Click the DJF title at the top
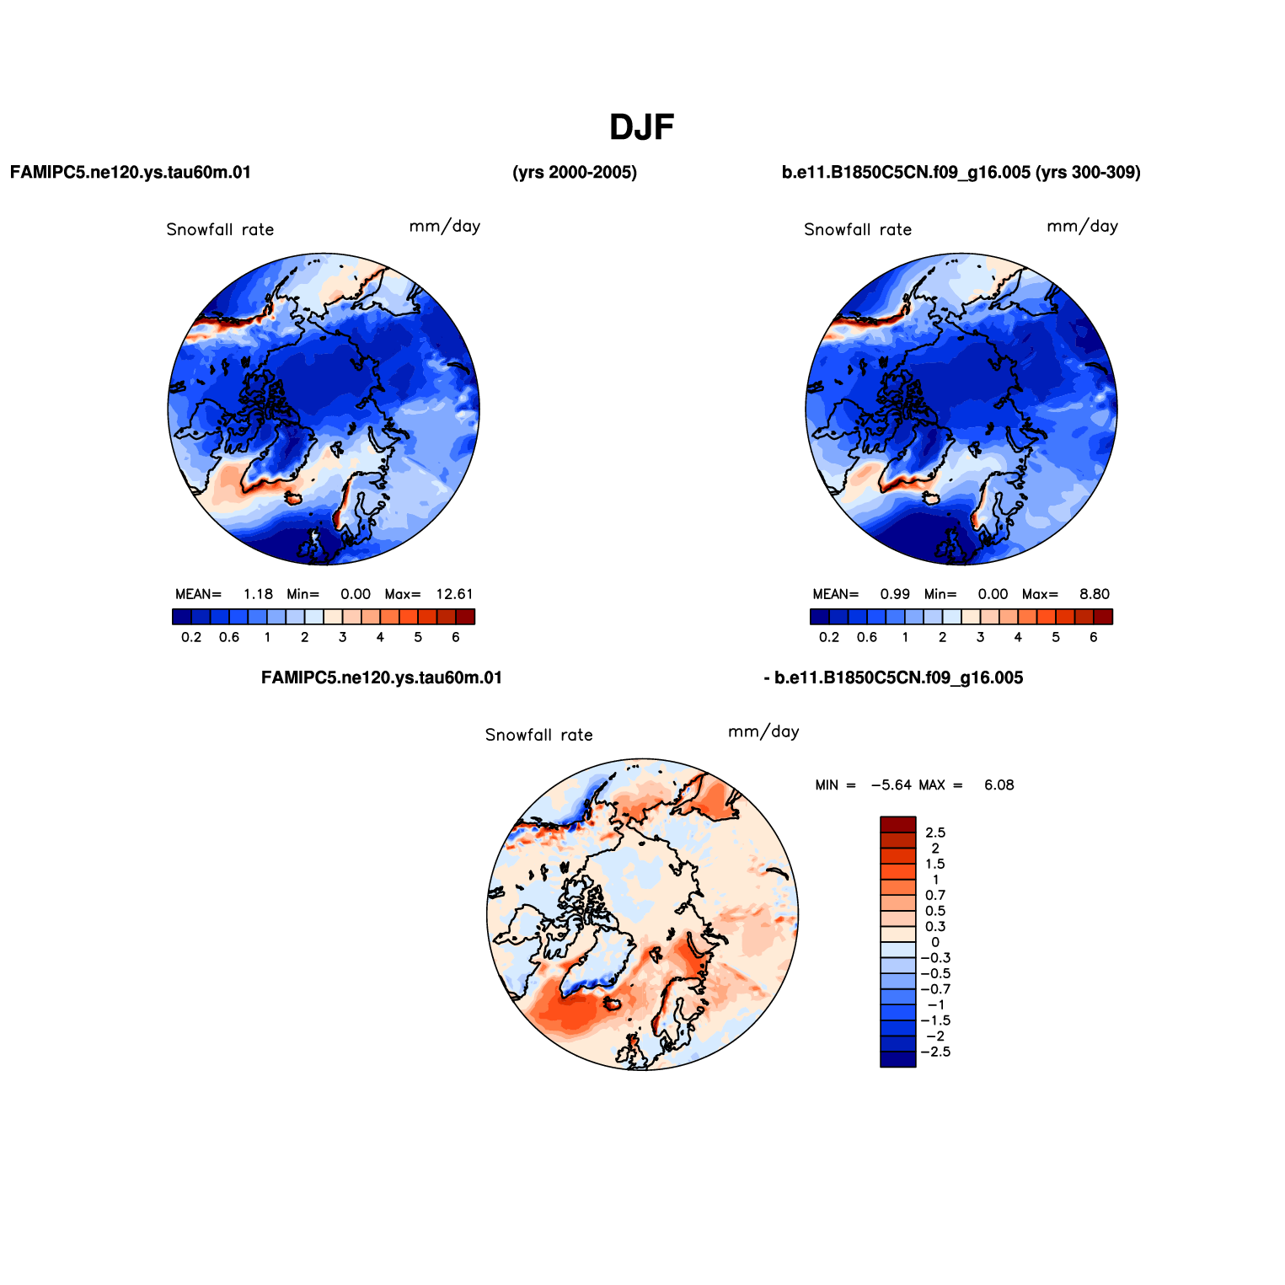pos(642,127)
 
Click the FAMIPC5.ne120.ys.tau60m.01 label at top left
pos(131,173)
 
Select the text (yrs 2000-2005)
pos(575,173)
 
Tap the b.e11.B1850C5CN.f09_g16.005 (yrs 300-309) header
pos(961,173)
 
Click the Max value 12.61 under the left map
pos(454,594)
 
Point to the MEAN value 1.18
pos(258,594)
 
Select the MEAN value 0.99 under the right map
pos(896,594)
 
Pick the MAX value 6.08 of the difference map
pos(999,785)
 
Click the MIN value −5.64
pos(891,785)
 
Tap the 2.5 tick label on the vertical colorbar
pos(935,833)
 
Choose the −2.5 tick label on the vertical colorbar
pos(935,1052)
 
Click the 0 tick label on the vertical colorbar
pos(935,943)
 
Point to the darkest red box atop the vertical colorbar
pos(897,825)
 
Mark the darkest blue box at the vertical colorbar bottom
pos(897,1059)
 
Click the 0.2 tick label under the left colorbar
pos(191,638)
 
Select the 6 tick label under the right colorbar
pos(1094,638)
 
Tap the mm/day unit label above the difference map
pos(763,732)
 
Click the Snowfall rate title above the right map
pos(858,230)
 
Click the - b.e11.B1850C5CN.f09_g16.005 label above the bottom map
pos(893,678)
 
